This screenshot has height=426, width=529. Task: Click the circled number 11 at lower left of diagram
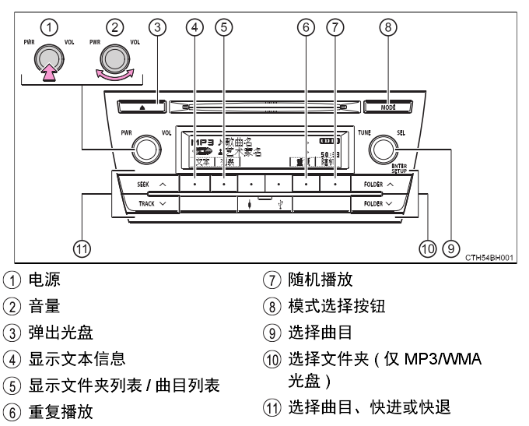[x=81, y=248]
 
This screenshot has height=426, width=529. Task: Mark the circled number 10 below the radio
[x=426, y=248]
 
